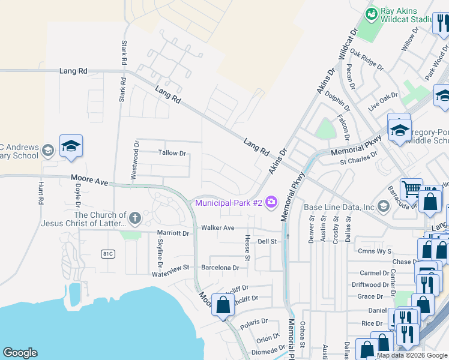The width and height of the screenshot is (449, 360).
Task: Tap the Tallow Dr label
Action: [x=172, y=153]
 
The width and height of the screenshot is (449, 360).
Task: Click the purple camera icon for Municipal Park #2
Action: [x=271, y=202]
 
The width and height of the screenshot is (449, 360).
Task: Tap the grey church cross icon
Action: [x=136, y=216]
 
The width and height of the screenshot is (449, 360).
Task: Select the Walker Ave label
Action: [x=218, y=228]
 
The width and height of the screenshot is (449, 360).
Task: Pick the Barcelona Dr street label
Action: [x=220, y=268]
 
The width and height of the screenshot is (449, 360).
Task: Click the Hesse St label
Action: [x=247, y=244]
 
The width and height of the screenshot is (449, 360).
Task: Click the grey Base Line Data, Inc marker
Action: [x=383, y=207]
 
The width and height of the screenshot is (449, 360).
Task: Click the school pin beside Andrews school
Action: [x=71, y=146]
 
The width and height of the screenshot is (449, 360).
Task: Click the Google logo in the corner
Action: [x=20, y=353]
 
